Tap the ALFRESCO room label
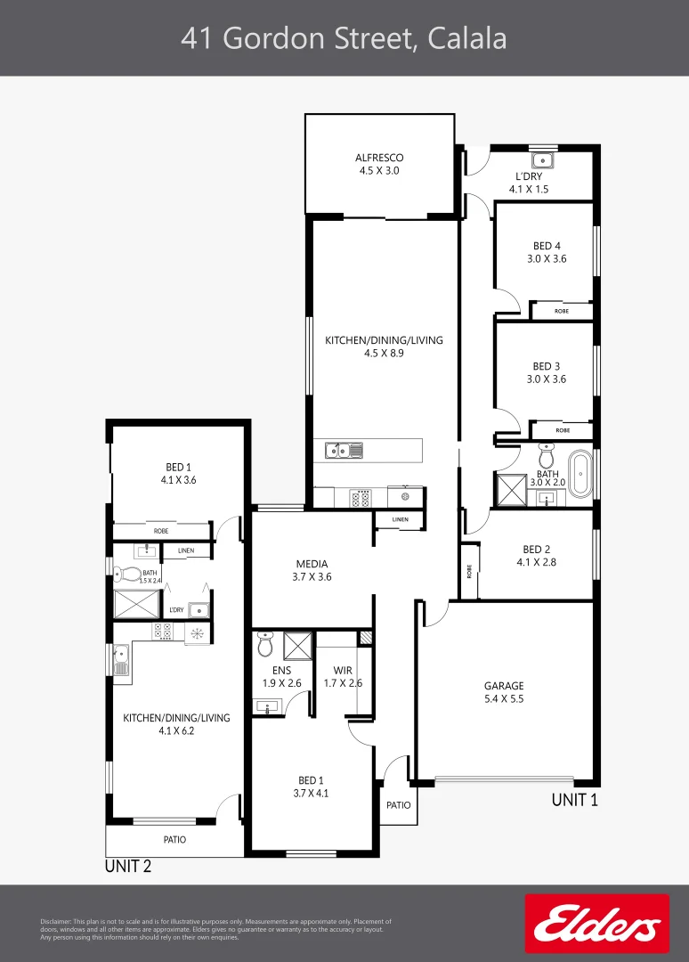tap(379, 158)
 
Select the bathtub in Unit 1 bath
tap(580, 474)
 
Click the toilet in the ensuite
tap(265, 644)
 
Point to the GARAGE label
tap(504, 686)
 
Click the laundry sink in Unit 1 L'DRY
tap(542, 160)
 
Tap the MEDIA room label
tap(312, 564)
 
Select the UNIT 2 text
tap(128, 867)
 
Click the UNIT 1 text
tap(574, 800)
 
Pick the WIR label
tap(343, 671)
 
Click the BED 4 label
tap(547, 246)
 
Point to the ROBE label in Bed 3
tap(563, 431)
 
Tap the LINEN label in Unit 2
tap(186, 551)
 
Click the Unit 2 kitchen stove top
tap(163, 632)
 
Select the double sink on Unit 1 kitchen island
tap(344, 451)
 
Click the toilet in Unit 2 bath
tap(127, 575)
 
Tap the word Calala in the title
tap(467, 38)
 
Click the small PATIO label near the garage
tap(399, 805)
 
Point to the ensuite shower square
tap(298, 646)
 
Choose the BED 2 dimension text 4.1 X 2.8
tap(537, 562)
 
